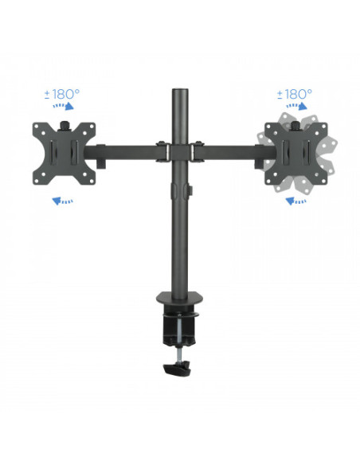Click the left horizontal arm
pyautogui.click(x=127, y=149)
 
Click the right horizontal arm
pyautogui.click(x=231, y=149)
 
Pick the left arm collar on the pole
pyautogui.click(x=162, y=150)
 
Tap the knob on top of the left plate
pyautogui.click(x=65, y=123)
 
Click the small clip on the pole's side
pyautogui.click(x=191, y=192)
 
